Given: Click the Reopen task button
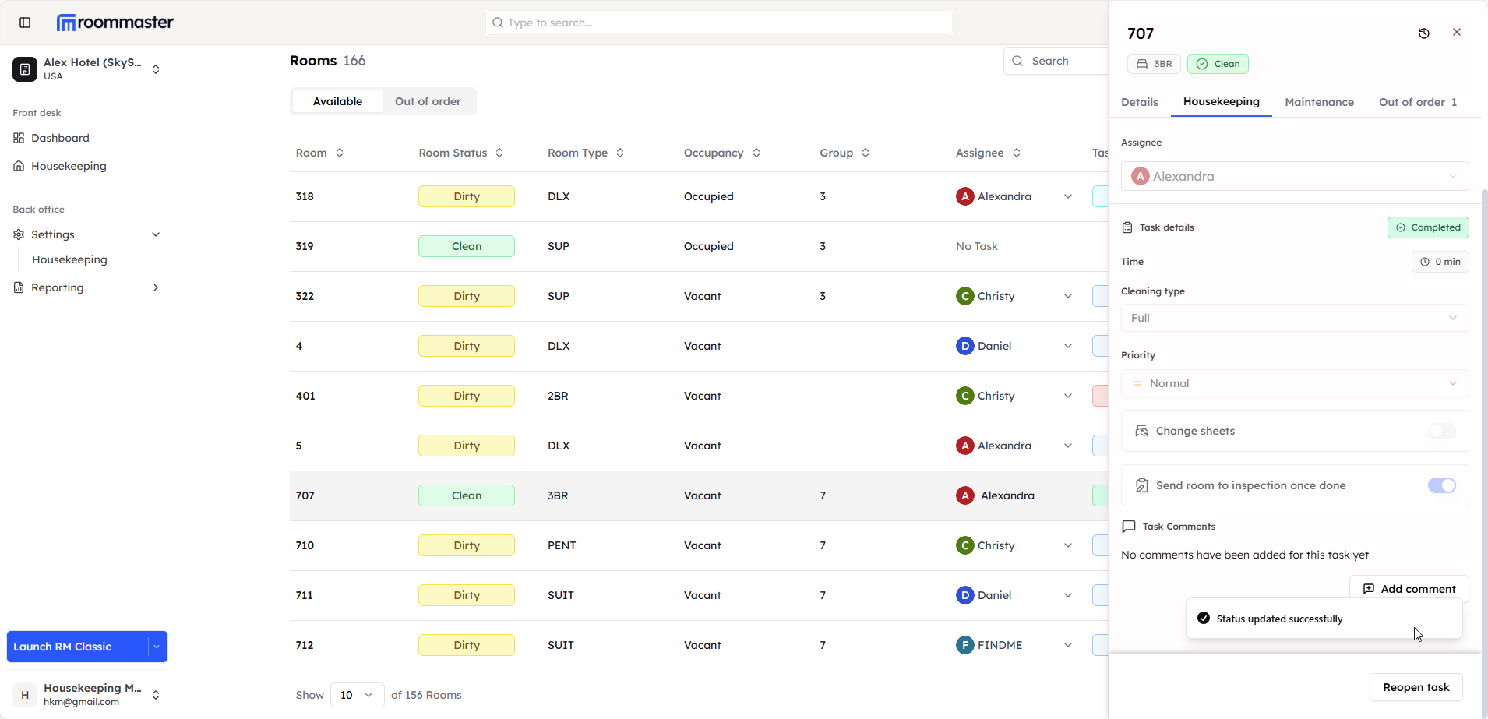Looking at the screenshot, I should tap(1416, 687).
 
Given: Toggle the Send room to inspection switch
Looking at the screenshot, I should tap(1441, 485).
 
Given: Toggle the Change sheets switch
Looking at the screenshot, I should tap(1441, 431).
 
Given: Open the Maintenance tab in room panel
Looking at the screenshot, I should tap(1319, 102).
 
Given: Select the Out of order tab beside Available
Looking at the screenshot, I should tap(428, 101).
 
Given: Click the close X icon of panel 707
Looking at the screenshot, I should tap(1456, 33).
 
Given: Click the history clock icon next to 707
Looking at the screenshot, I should tap(1423, 33).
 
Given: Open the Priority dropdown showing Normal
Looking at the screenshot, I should tap(1294, 383).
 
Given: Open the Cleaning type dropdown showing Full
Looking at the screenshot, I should tap(1294, 318).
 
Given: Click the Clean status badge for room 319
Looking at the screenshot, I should tap(467, 246).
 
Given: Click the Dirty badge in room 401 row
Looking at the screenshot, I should tap(467, 396).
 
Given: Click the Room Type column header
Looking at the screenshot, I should tap(577, 153).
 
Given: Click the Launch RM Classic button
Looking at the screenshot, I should tap(77, 647).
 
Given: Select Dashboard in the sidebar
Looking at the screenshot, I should tap(60, 138).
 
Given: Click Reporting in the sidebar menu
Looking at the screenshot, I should tap(57, 287).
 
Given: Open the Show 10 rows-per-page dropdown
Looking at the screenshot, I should tap(357, 695).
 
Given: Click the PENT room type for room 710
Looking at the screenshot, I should tap(562, 545).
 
